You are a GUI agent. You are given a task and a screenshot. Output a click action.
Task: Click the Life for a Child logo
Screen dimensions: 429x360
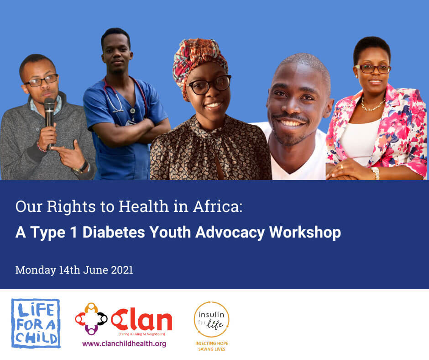pyautogui.click(x=36, y=323)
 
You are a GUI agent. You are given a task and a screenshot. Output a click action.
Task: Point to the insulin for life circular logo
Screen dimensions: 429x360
pyautogui.click(x=211, y=319)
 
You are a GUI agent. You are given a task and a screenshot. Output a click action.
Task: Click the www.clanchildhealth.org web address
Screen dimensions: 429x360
pyautogui.click(x=124, y=344)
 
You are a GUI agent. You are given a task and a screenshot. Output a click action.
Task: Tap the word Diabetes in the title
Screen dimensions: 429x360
pyautogui.click(x=114, y=233)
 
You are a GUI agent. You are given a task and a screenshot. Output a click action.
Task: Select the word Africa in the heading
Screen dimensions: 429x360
pyautogui.click(x=218, y=206)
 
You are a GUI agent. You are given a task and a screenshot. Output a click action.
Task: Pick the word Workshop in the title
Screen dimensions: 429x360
pyautogui.click(x=305, y=233)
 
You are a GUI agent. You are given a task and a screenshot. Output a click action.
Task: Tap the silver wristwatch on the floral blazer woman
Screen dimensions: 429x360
pyautogui.click(x=375, y=173)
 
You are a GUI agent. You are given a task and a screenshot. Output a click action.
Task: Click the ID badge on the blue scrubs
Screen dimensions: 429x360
pyautogui.click(x=130, y=122)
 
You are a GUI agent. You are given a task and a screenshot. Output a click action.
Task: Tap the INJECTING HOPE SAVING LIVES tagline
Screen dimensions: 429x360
pyautogui.click(x=212, y=346)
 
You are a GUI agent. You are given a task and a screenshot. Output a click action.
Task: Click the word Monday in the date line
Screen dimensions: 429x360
pyautogui.click(x=36, y=270)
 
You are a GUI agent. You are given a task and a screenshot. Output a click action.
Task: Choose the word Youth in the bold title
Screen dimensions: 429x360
pyautogui.click(x=170, y=233)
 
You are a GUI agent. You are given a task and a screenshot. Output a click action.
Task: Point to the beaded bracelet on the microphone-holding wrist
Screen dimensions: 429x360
pyautogui.click(x=41, y=148)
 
